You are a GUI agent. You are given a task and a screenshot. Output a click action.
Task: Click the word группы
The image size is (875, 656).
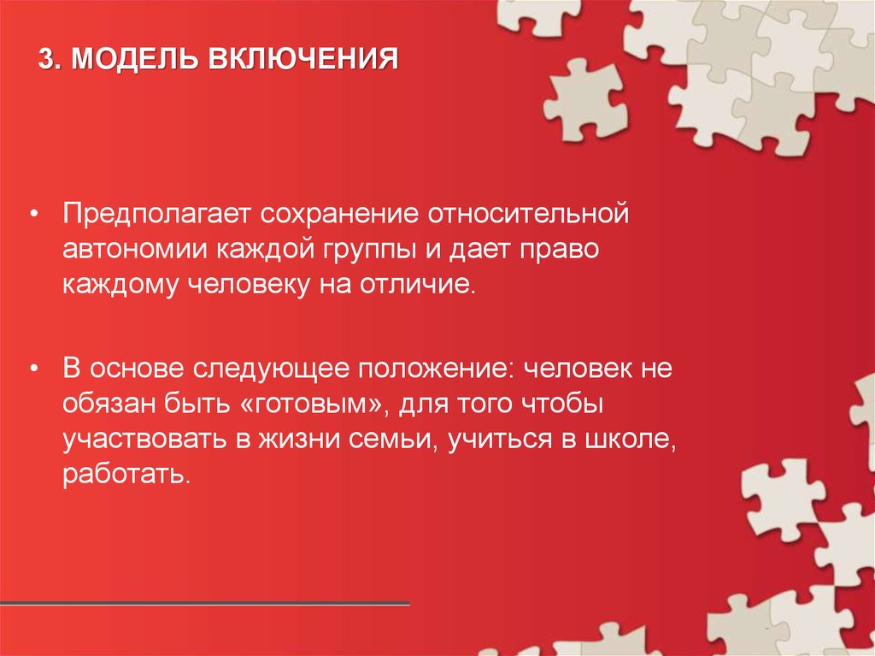tap(369, 250)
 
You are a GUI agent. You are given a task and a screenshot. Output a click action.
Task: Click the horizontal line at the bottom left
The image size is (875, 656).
tap(205, 605)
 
